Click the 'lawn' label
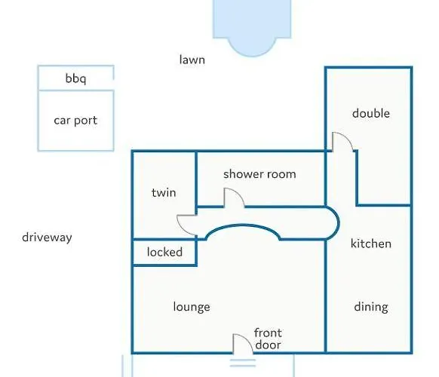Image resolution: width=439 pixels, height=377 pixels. tap(192, 60)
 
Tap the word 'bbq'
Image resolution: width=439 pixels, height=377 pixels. tap(75, 78)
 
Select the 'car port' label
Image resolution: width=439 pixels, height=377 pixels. tap(75, 121)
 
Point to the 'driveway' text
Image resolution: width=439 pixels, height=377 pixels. tap(47, 238)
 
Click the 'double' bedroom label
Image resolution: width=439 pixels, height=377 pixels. tap(371, 113)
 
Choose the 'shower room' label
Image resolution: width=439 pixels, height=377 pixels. tap(259, 174)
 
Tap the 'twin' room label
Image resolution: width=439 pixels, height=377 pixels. tap(164, 192)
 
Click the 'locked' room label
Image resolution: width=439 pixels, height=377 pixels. tap(164, 252)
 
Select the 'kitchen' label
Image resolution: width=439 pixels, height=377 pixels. tap(371, 244)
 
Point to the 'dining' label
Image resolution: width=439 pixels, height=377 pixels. tap(371, 307)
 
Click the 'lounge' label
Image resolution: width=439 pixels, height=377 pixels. tap(192, 307)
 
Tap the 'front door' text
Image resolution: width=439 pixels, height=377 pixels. tap(268, 339)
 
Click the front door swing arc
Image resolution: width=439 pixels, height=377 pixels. tap(247, 339)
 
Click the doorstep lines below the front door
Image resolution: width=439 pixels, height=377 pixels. tap(243, 363)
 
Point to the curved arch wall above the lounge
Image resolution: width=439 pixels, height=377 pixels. tap(243, 225)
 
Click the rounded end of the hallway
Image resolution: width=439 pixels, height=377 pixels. tap(338, 223)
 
